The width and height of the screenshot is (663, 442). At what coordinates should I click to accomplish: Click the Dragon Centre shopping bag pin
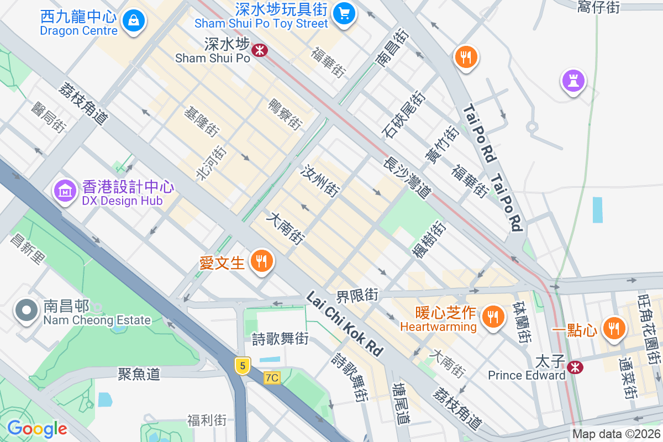click(x=133, y=21)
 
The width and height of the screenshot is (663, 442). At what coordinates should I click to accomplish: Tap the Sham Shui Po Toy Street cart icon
click(x=345, y=12)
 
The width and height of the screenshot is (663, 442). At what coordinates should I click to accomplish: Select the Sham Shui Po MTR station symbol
click(x=259, y=51)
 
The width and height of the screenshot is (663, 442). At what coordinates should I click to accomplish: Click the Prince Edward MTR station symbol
click(x=575, y=366)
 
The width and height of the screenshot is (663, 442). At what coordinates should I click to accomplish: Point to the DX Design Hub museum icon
click(x=65, y=191)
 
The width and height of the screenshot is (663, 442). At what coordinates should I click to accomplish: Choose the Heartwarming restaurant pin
click(x=491, y=317)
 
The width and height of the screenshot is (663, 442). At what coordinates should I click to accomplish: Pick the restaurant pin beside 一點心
click(x=613, y=328)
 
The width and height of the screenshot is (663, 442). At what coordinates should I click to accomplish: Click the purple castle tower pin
click(x=573, y=81)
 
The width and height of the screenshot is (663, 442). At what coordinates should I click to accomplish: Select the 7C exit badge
click(x=272, y=378)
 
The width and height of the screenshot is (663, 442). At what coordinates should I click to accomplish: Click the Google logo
click(x=37, y=428)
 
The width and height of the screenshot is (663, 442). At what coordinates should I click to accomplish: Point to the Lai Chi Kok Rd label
click(x=345, y=324)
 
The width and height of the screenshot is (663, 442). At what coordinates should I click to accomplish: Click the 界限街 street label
click(x=357, y=295)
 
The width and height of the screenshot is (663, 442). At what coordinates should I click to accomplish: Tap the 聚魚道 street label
click(x=139, y=374)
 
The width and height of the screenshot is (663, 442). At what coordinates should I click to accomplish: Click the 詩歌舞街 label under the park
click(x=280, y=339)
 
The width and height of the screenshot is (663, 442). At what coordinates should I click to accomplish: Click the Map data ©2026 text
click(x=616, y=434)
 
